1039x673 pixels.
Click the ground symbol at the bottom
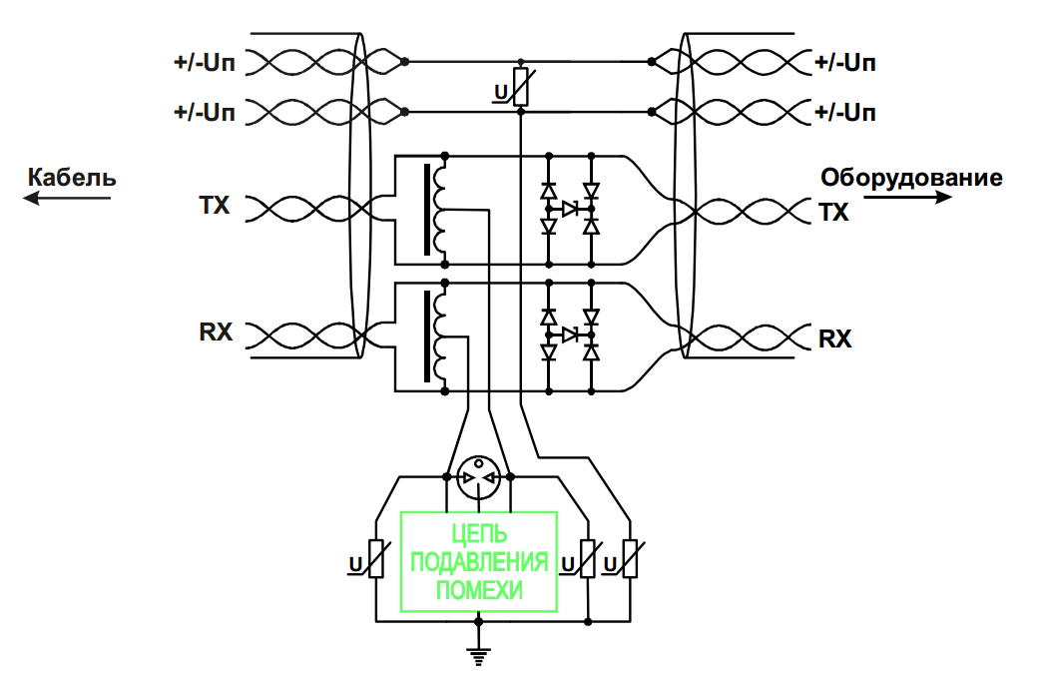pyautogui.click(x=478, y=654)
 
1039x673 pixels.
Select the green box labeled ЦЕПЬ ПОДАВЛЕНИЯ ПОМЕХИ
pyautogui.click(x=479, y=561)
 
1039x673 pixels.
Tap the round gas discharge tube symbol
pyautogui.click(x=478, y=478)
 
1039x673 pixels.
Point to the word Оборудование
pyautogui.click(x=911, y=179)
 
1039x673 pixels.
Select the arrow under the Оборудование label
pyautogui.click(x=907, y=198)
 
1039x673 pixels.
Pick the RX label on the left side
pyautogui.click(x=216, y=332)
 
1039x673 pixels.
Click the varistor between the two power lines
pyautogui.click(x=520, y=87)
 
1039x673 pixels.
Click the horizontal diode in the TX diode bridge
pyautogui.click(x=570, y=209)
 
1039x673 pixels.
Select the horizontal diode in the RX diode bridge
pyautogui.click(x=570, y=335)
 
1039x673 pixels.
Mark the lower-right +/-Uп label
pyautogui.click(x=845, y=112)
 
